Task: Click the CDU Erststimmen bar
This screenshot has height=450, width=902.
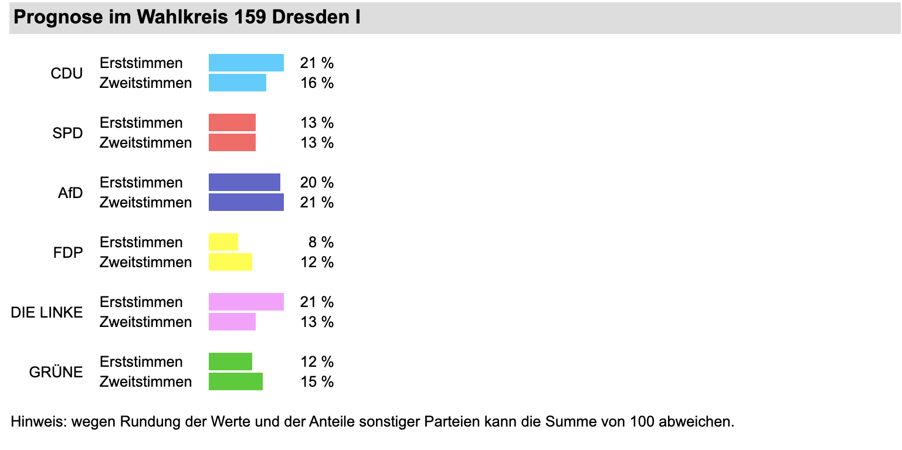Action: pos(246,63)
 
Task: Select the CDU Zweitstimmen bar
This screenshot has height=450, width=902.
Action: pos(238,83)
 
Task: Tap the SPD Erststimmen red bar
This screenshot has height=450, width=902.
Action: pos(232,122)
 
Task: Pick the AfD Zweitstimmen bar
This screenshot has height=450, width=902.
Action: pos(246,202)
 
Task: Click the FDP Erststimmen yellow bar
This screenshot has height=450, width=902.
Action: pos(223,242)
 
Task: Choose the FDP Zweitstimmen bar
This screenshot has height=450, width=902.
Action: pos(230,262)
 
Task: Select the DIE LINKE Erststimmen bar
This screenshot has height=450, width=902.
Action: pos(246,302)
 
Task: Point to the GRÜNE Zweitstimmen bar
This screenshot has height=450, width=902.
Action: pos(236,381)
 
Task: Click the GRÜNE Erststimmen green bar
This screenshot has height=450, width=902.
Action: pos(230,362)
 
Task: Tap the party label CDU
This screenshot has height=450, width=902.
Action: pos(67,73)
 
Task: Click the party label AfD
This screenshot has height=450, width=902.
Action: pos(70,193)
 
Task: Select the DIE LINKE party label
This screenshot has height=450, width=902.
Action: pos(47,312)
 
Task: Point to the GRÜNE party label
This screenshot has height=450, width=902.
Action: pos(56,372)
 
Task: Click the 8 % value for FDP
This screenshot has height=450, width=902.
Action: pos(321,242)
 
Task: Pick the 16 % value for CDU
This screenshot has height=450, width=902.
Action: pos(317,83)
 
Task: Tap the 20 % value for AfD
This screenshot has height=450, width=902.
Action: pos(317,182)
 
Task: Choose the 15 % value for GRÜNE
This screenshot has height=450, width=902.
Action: pos(317,381)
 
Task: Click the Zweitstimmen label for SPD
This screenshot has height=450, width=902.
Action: pos(145,142)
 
